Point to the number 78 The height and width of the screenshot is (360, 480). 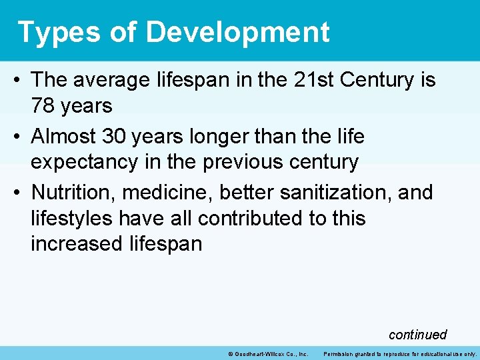(x=43, y=105)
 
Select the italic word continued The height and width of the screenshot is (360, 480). (x=417, y=335)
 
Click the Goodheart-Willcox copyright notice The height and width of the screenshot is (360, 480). (x=267, y=353)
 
